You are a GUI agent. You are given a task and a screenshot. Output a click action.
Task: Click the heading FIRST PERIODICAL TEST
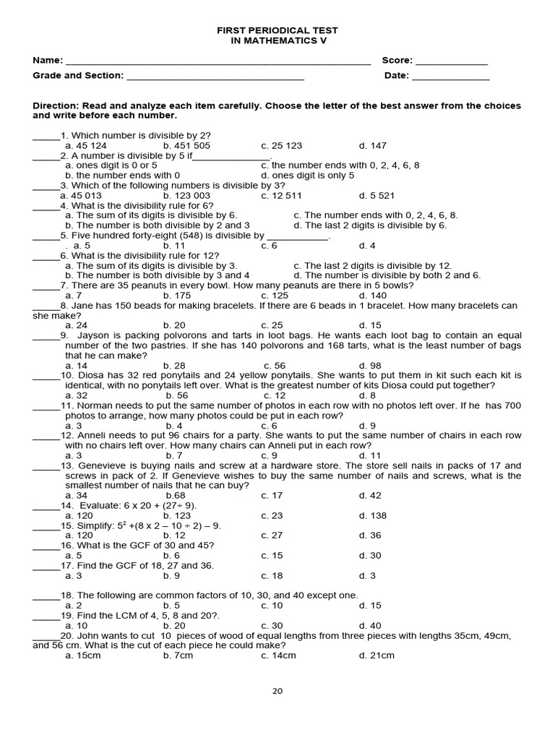[x=278, y=30]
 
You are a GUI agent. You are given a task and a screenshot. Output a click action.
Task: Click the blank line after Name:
[x=217, y=62]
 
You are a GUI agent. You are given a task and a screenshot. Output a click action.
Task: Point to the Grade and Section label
[x=78, y=75]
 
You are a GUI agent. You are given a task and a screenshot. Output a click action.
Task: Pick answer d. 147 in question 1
[x=373, y=145]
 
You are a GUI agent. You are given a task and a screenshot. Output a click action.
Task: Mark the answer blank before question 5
[x=45, y=236]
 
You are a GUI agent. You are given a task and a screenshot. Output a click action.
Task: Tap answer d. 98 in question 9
[x=370, y=366]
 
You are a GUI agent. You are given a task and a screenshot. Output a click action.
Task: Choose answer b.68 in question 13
[x=176, y=496]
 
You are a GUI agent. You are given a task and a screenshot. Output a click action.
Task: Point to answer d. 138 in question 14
[x=373, y=516]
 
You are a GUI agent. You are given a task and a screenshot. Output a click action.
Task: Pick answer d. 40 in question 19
[x=370, y=626]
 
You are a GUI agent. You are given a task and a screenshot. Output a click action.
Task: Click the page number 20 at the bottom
[x=277, y=691]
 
